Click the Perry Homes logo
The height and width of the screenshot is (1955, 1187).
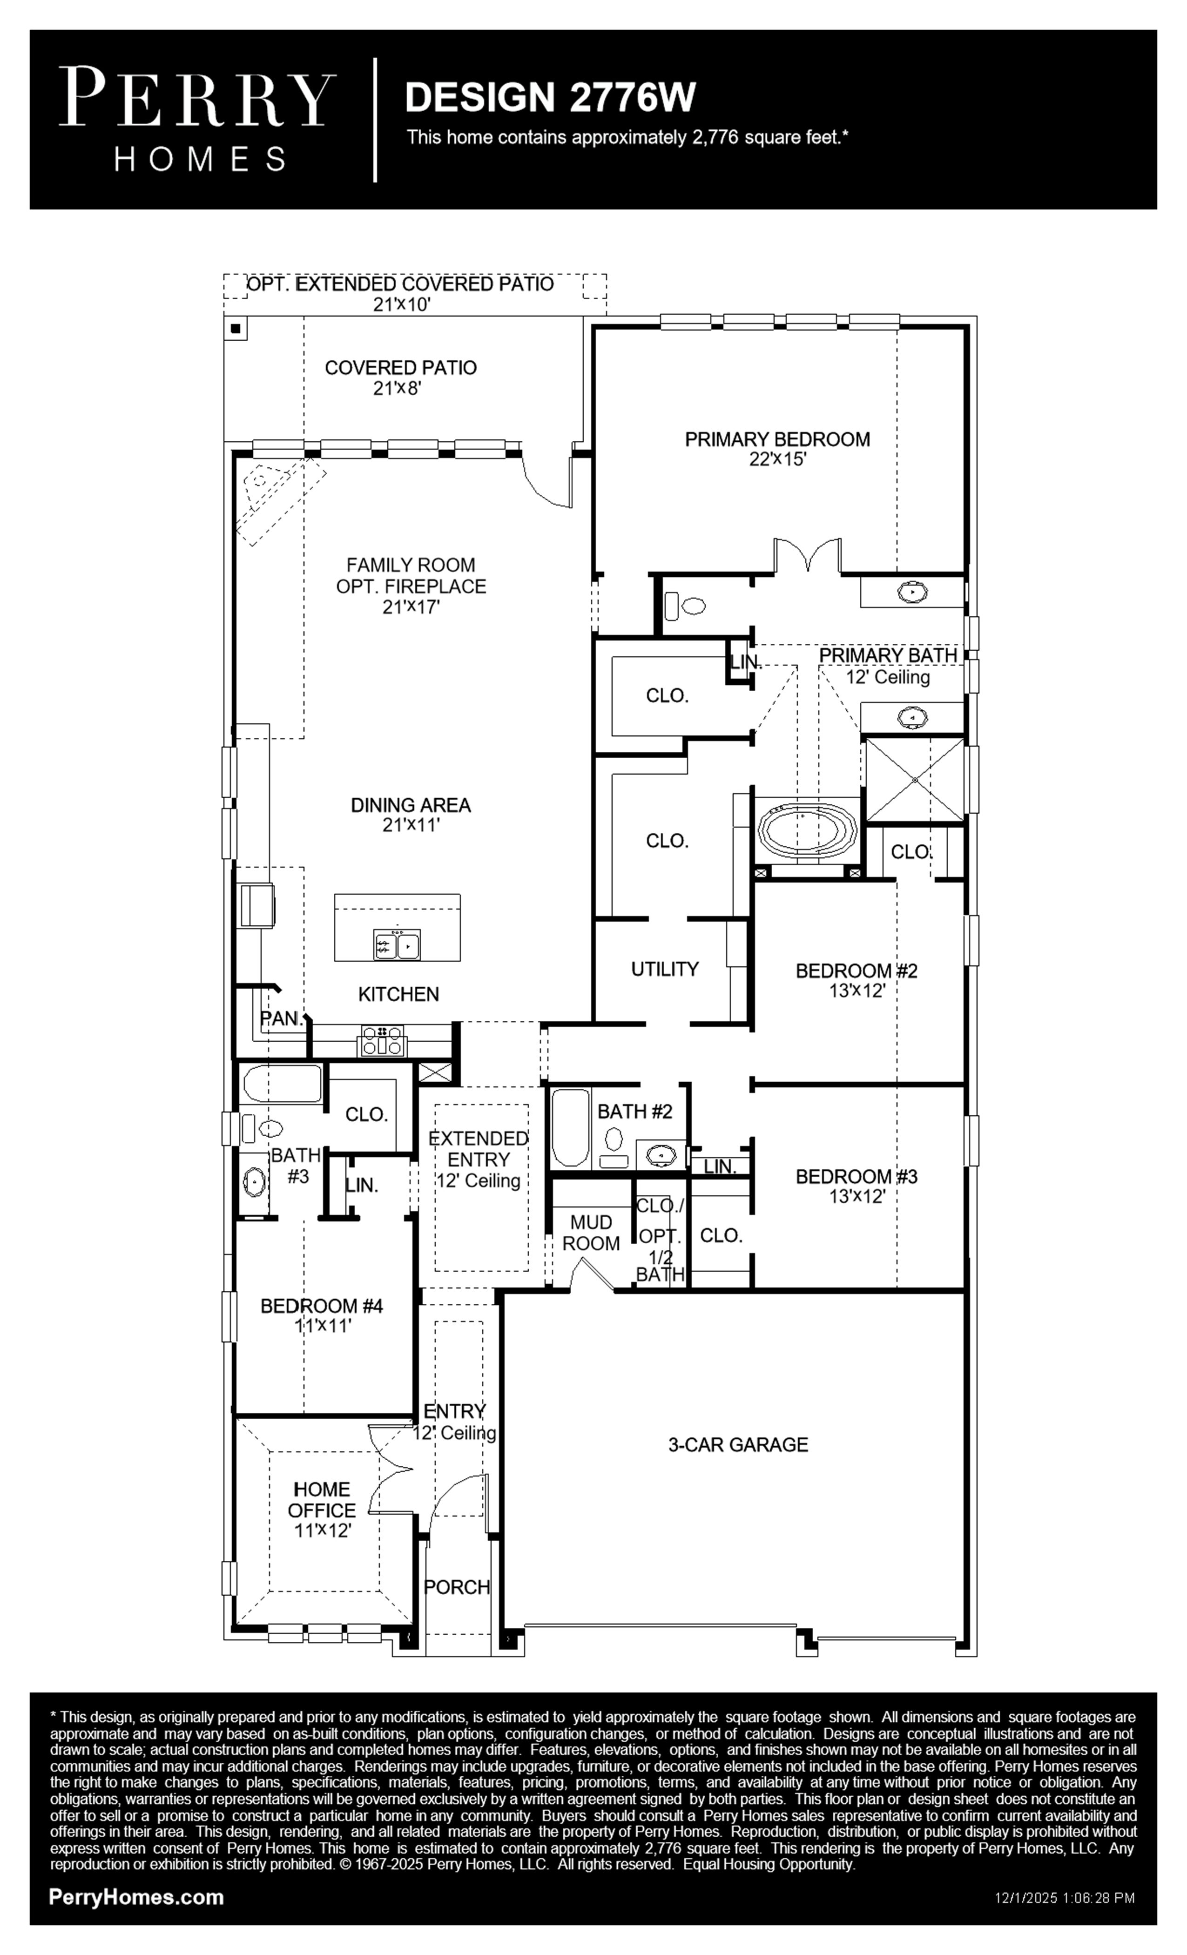pos(197,119)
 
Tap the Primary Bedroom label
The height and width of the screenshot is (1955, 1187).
pos(777,439)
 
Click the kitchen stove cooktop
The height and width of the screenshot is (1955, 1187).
pos(383,1040)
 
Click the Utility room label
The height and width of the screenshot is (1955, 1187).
pos(665,969)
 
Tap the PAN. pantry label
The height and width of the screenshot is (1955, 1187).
pos(283,1018)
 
